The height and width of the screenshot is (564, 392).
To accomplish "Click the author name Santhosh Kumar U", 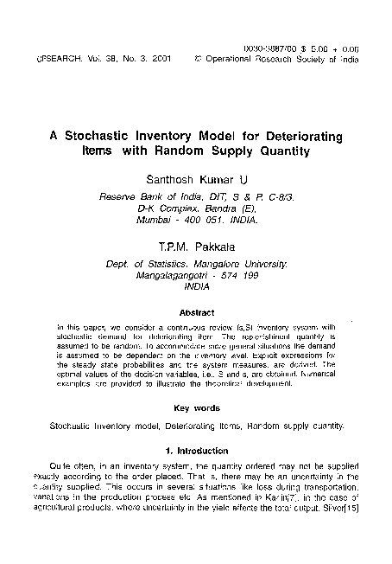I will click(196, 180).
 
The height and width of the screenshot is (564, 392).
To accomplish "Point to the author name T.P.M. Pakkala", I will click(196, 247).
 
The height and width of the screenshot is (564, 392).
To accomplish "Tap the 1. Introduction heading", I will click(196, 451).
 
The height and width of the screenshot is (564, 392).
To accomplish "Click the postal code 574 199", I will click(245, 275).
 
